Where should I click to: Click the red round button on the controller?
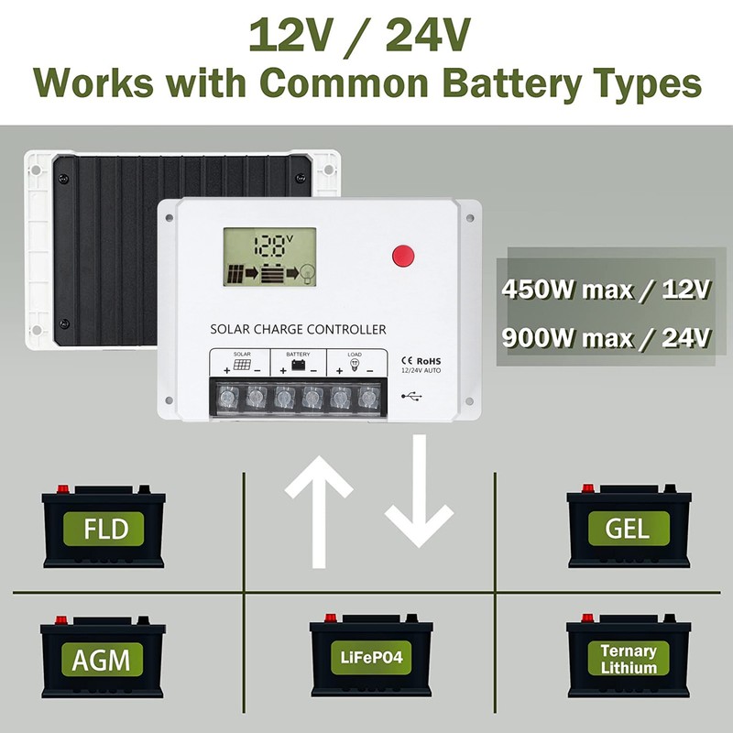pyautogui.click(x=403, y=256)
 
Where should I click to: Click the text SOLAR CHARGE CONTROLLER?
pyautogui.click(x=298, y=329)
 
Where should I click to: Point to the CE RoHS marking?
pyautogui.click(x=422, y=360)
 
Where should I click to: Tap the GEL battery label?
pyautogui.click(x=627, y=528)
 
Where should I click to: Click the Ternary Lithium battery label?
pyautogui.click(x=628, y=659)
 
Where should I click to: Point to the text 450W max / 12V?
pyautogui.click(x=607, y=290)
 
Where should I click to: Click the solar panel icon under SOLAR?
pyautogui.click(x=242, y=365)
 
